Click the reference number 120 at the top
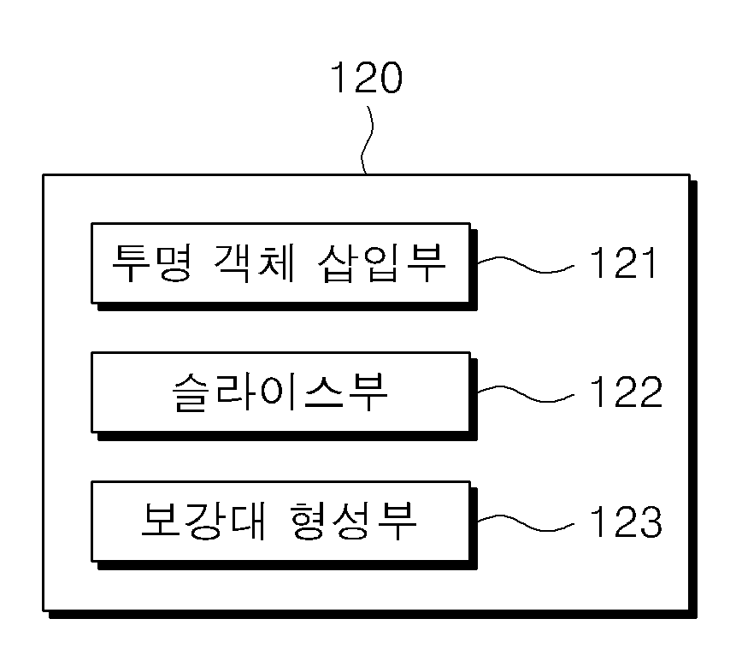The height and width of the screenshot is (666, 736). [367, 78]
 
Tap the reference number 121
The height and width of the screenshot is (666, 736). [623, 262]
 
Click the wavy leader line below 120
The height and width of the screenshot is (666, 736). [368, 140]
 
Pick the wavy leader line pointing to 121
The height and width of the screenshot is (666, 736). [526, 264]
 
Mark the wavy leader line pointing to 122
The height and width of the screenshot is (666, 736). [526, 394]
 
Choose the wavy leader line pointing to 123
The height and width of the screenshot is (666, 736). [526, 523]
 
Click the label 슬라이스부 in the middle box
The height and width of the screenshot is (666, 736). [280, 392]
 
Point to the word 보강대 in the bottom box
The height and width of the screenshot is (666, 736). [203, 521]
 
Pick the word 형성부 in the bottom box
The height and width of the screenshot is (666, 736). [353, 521]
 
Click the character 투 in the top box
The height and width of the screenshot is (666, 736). [131, 263]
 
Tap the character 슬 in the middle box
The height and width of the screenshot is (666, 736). [191, 392]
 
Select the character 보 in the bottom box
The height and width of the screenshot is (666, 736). [160, 521]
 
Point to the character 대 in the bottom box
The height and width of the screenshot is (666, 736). [248, 521]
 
